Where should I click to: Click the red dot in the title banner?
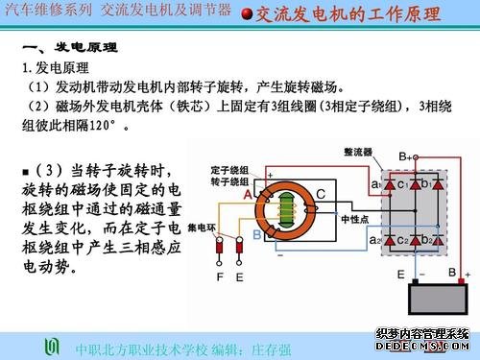pos(247,13)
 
